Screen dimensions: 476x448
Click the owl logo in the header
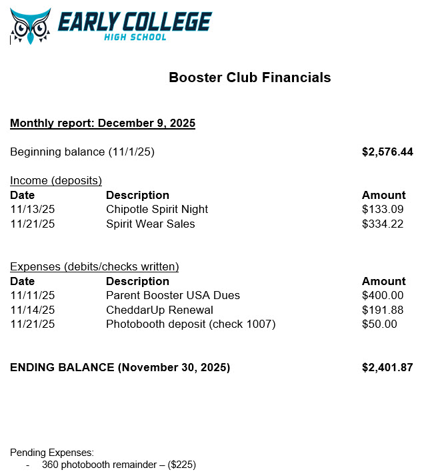31,26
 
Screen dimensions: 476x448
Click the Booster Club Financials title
250,77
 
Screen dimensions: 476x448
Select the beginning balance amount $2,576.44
387,152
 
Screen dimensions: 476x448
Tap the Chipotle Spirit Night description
157,210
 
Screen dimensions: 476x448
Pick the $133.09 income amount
383,210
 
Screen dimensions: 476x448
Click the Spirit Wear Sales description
150,224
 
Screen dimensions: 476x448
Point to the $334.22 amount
383,224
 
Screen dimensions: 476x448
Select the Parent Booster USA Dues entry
173,296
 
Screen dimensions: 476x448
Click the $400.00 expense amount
383,296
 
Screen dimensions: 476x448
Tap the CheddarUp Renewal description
159,310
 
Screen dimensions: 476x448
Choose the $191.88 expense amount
383,310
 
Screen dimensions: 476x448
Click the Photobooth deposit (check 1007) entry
191,324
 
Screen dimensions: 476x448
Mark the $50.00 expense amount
379,324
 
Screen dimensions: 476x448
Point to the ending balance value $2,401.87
387,368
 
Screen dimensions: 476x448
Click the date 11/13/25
32,210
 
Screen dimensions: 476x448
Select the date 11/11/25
32,296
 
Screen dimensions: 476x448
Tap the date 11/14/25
32,310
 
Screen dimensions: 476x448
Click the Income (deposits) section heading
55,180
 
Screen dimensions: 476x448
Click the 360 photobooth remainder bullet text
119,465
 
